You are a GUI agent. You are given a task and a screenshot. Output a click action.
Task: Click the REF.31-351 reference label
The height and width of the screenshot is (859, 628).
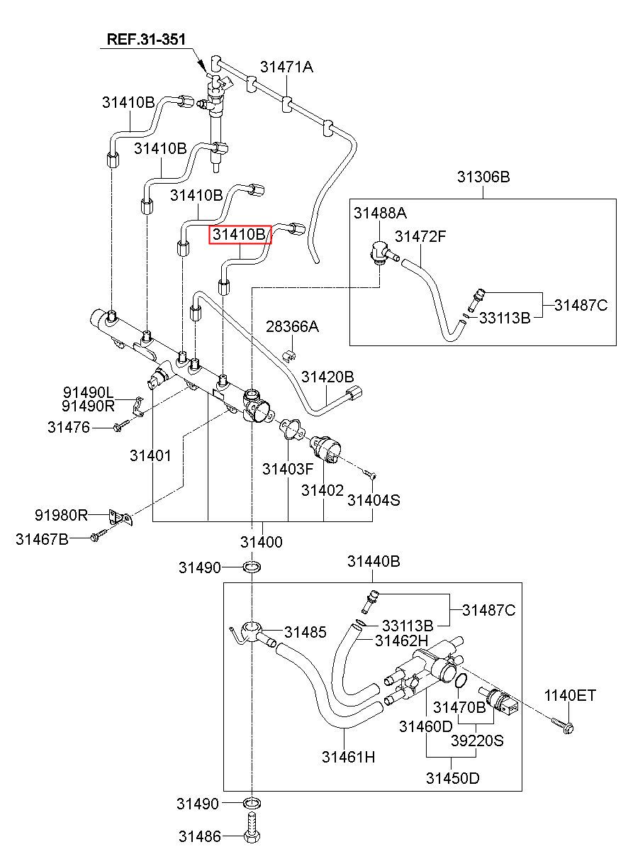click(146, 39)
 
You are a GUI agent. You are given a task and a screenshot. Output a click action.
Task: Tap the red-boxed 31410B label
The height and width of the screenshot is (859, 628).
click(240, 234)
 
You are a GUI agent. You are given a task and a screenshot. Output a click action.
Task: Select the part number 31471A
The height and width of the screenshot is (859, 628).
click(286, 67)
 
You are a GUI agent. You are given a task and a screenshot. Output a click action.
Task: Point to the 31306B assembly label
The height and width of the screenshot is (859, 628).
click(483, 177)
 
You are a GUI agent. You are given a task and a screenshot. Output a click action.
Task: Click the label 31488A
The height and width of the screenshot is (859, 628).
click(380, 213)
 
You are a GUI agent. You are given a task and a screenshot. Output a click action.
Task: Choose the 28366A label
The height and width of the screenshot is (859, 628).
click(292, 326)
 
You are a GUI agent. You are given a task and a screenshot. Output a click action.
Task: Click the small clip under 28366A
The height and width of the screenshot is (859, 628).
click(291, 355)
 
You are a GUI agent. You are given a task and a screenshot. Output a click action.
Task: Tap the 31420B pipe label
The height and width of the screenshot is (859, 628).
click(327, 377)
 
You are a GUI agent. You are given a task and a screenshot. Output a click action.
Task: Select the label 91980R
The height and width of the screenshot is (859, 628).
click(61, 515)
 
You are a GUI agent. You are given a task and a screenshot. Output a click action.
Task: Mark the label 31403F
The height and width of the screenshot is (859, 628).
click(288, 469)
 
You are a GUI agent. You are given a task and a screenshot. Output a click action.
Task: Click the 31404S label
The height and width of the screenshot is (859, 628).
click(374, 500)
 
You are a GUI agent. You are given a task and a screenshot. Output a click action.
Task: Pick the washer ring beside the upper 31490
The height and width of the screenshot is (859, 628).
click(252, 566)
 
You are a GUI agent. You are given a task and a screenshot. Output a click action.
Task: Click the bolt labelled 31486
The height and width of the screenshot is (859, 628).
click(252, 831)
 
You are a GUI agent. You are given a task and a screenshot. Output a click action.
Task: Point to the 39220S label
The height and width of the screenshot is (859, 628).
click(477, 741)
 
